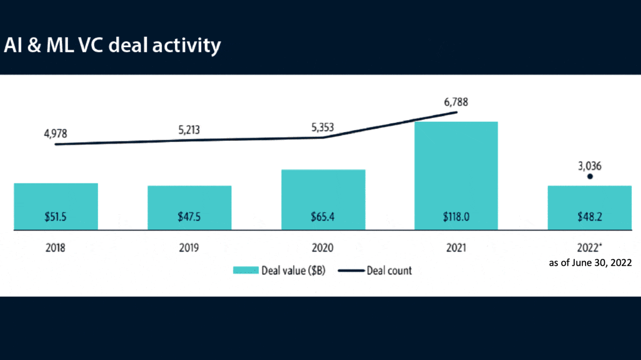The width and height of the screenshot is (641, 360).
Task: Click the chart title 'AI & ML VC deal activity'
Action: (x=112, y=45)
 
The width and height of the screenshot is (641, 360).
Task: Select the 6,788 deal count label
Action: (x=456, y=101)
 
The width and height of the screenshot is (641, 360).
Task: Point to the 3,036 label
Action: (x=590, y=166)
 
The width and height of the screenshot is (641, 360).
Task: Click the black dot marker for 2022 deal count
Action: (x=590, y=176)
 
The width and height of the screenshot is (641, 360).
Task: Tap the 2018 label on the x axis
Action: (x=56, y=248)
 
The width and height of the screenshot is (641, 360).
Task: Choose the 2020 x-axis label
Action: (x=323, y=248)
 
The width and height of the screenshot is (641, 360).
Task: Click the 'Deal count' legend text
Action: (x=389, y=271)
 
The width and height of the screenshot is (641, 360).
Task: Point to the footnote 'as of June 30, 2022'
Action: (x=591, y=263)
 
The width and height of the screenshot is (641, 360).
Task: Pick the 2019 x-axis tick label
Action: (x=190, y=248)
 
